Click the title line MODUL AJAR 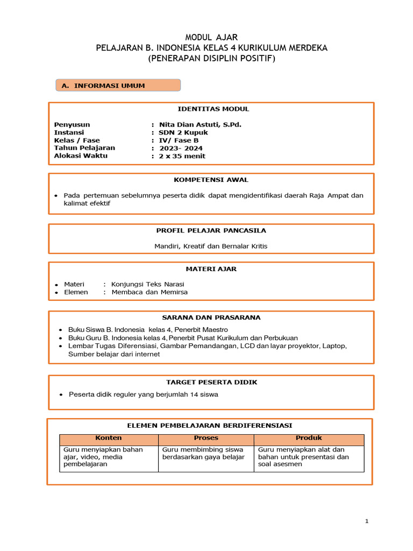[x=211, y=37]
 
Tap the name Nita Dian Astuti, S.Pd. [x=197, y=124]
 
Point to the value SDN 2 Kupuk [x=183, y=132]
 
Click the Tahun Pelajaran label [x=84, y=148]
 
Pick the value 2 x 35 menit [x=182, y=156]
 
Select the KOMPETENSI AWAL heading [x=211, y=180]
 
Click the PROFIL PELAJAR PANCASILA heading [x=211, y=230]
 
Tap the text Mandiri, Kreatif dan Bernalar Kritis [x=211, y=246]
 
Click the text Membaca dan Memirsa [x=149, y=292]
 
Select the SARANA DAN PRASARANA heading [x=211, y=317]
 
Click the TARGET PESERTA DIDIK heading [x=211, y=382]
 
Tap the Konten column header [x=109, y=438]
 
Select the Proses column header [x=206, y=438]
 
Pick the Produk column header [x=309, y=438]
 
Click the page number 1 [x=366, y=521]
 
